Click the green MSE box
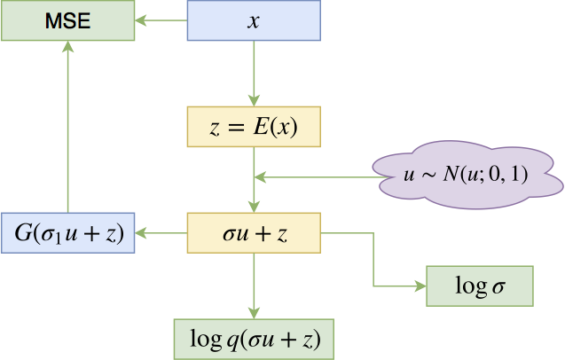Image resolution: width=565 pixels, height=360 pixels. (x=67, y=20)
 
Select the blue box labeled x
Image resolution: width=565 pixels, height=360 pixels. (x=254, y=20)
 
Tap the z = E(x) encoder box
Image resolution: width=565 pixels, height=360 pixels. (x=254, y=127)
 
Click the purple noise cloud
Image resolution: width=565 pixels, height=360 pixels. (x=467, y=176)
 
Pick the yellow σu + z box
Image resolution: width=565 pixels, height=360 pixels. (x=254, y=233)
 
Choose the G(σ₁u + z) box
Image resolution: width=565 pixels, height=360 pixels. (x=67, y=233)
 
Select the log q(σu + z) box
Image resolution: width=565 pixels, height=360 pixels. (x=254, y=338)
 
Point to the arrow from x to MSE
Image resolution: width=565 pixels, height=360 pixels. (x=161, y=20)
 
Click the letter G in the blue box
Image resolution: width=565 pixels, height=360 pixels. (x=21, y=233)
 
